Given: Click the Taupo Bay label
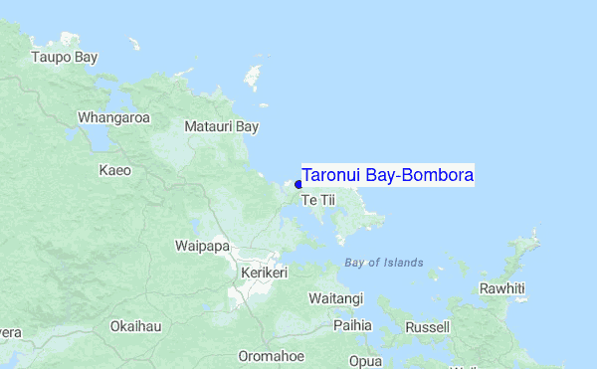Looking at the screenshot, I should point(65,57).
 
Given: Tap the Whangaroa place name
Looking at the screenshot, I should point(113,117).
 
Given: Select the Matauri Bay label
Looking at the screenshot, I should point(221,126).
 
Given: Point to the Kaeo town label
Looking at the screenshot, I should point(114,170).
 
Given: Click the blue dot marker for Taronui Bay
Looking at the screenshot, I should point(298,184).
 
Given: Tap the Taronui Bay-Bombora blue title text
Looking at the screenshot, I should point(387,175).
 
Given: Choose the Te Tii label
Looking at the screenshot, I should point(318,201).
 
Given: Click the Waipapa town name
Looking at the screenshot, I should point(202,246).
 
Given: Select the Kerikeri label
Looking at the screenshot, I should point(264,272).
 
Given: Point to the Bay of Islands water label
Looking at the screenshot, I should point(383,263).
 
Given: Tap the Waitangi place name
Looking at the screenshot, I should point(335,298).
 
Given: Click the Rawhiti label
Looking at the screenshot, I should point(501,288).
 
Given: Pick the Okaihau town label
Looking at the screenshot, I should point(135,325).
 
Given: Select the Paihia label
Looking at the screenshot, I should point(352,325).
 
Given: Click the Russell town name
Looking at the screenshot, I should point(428,326).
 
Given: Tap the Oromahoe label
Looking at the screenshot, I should point(271,356).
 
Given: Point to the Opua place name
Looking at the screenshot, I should point(365,360).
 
